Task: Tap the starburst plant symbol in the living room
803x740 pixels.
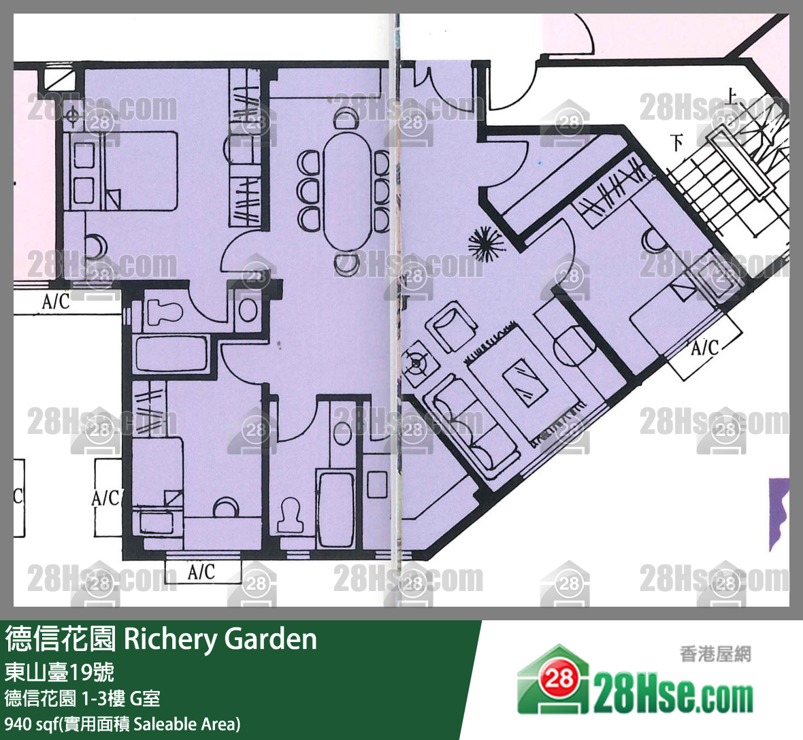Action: coord(487,243)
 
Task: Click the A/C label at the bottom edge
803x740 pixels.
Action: coord(201,572)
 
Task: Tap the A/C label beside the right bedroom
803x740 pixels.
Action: coord(704,348)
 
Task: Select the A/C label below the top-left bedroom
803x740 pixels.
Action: coord(56,301)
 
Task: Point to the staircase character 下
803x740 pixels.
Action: coord(676,143)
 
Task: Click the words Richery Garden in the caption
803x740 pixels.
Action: coord(220,639)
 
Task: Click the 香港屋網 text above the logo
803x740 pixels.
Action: coord(715,654)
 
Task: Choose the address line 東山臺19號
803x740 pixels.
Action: coord(59,672)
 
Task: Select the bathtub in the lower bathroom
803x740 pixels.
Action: coord(335,506)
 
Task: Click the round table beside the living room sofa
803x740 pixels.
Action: coord(574,348)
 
